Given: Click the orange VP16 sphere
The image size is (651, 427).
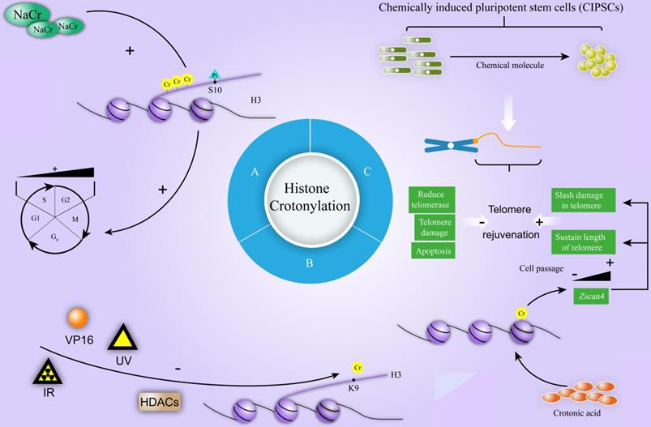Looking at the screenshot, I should [78, 317].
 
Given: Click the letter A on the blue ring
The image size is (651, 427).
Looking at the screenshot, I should [255, 172].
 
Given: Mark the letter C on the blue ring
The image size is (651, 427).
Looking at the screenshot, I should [368, 171].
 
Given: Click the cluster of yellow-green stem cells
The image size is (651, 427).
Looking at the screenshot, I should [596, 61].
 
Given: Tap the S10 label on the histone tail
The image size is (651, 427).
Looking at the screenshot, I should [215, 90].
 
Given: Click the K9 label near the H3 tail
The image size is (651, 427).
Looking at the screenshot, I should [354, 386].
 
